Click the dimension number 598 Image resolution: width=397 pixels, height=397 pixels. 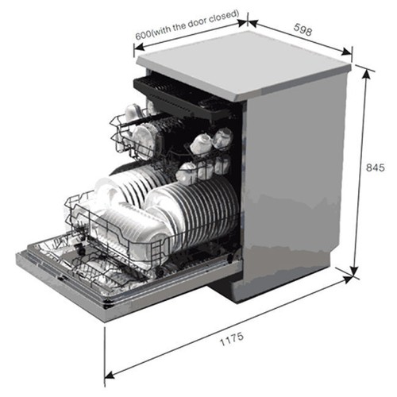(303, 29)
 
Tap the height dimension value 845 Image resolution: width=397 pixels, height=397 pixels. (376, 168)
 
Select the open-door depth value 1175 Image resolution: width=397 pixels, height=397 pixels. (232, 339)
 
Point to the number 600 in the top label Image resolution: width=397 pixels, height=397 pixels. (143, 34)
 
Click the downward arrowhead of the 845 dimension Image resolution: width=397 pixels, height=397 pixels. (354, 272)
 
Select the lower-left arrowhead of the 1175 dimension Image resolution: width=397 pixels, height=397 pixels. (110, 375)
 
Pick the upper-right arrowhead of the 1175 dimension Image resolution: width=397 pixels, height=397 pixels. (347, 279)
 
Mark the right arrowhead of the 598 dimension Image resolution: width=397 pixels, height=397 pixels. (346, 52)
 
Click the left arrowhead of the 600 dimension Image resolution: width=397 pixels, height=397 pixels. (139, 47)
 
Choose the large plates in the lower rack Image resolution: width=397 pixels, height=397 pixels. (193, 209)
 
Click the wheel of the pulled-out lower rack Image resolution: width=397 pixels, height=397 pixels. (80, 250)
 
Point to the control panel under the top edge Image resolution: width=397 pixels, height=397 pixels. (212, 104)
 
